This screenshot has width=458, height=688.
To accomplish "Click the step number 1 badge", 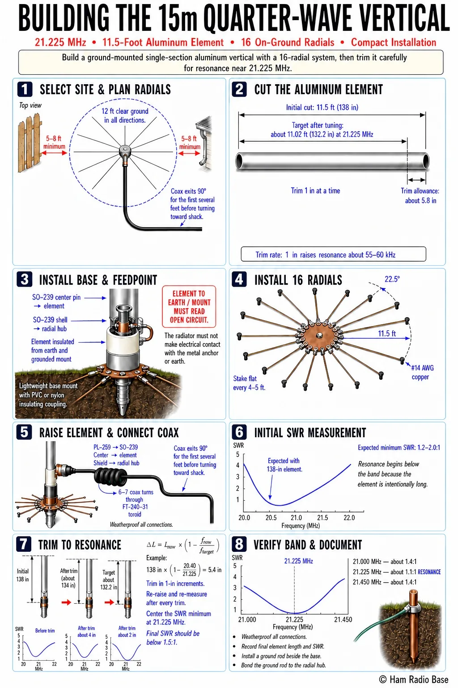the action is pos(25,90).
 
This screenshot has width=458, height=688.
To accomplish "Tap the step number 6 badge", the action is pos(239,432).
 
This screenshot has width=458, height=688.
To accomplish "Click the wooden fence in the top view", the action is pos(30,143).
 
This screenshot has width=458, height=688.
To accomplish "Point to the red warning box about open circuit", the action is pos(189,306).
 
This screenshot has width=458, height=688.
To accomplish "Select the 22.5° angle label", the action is pos(392,279).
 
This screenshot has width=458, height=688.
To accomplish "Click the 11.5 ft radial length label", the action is pos(387,333).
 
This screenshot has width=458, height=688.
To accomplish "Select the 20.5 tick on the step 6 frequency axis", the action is pos(271,517).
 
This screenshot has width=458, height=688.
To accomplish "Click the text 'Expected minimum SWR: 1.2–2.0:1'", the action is pos(399,447).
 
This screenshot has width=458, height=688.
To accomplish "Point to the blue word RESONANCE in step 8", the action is pos(429,572).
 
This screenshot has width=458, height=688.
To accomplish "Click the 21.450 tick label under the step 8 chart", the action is pos(343,619).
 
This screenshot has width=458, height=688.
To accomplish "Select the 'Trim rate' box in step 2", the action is pos(334,254).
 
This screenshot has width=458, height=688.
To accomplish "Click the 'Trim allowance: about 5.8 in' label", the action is pos(420,196).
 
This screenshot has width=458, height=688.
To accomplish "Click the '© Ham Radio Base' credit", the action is pos(414,679).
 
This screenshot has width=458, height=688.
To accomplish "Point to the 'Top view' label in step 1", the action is pos(30,105).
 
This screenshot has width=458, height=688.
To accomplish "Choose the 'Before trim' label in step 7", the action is pos(45,631).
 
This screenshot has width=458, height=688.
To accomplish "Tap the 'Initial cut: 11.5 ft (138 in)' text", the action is pos(322,107).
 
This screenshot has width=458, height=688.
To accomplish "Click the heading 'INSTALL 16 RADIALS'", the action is pos(298,280).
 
